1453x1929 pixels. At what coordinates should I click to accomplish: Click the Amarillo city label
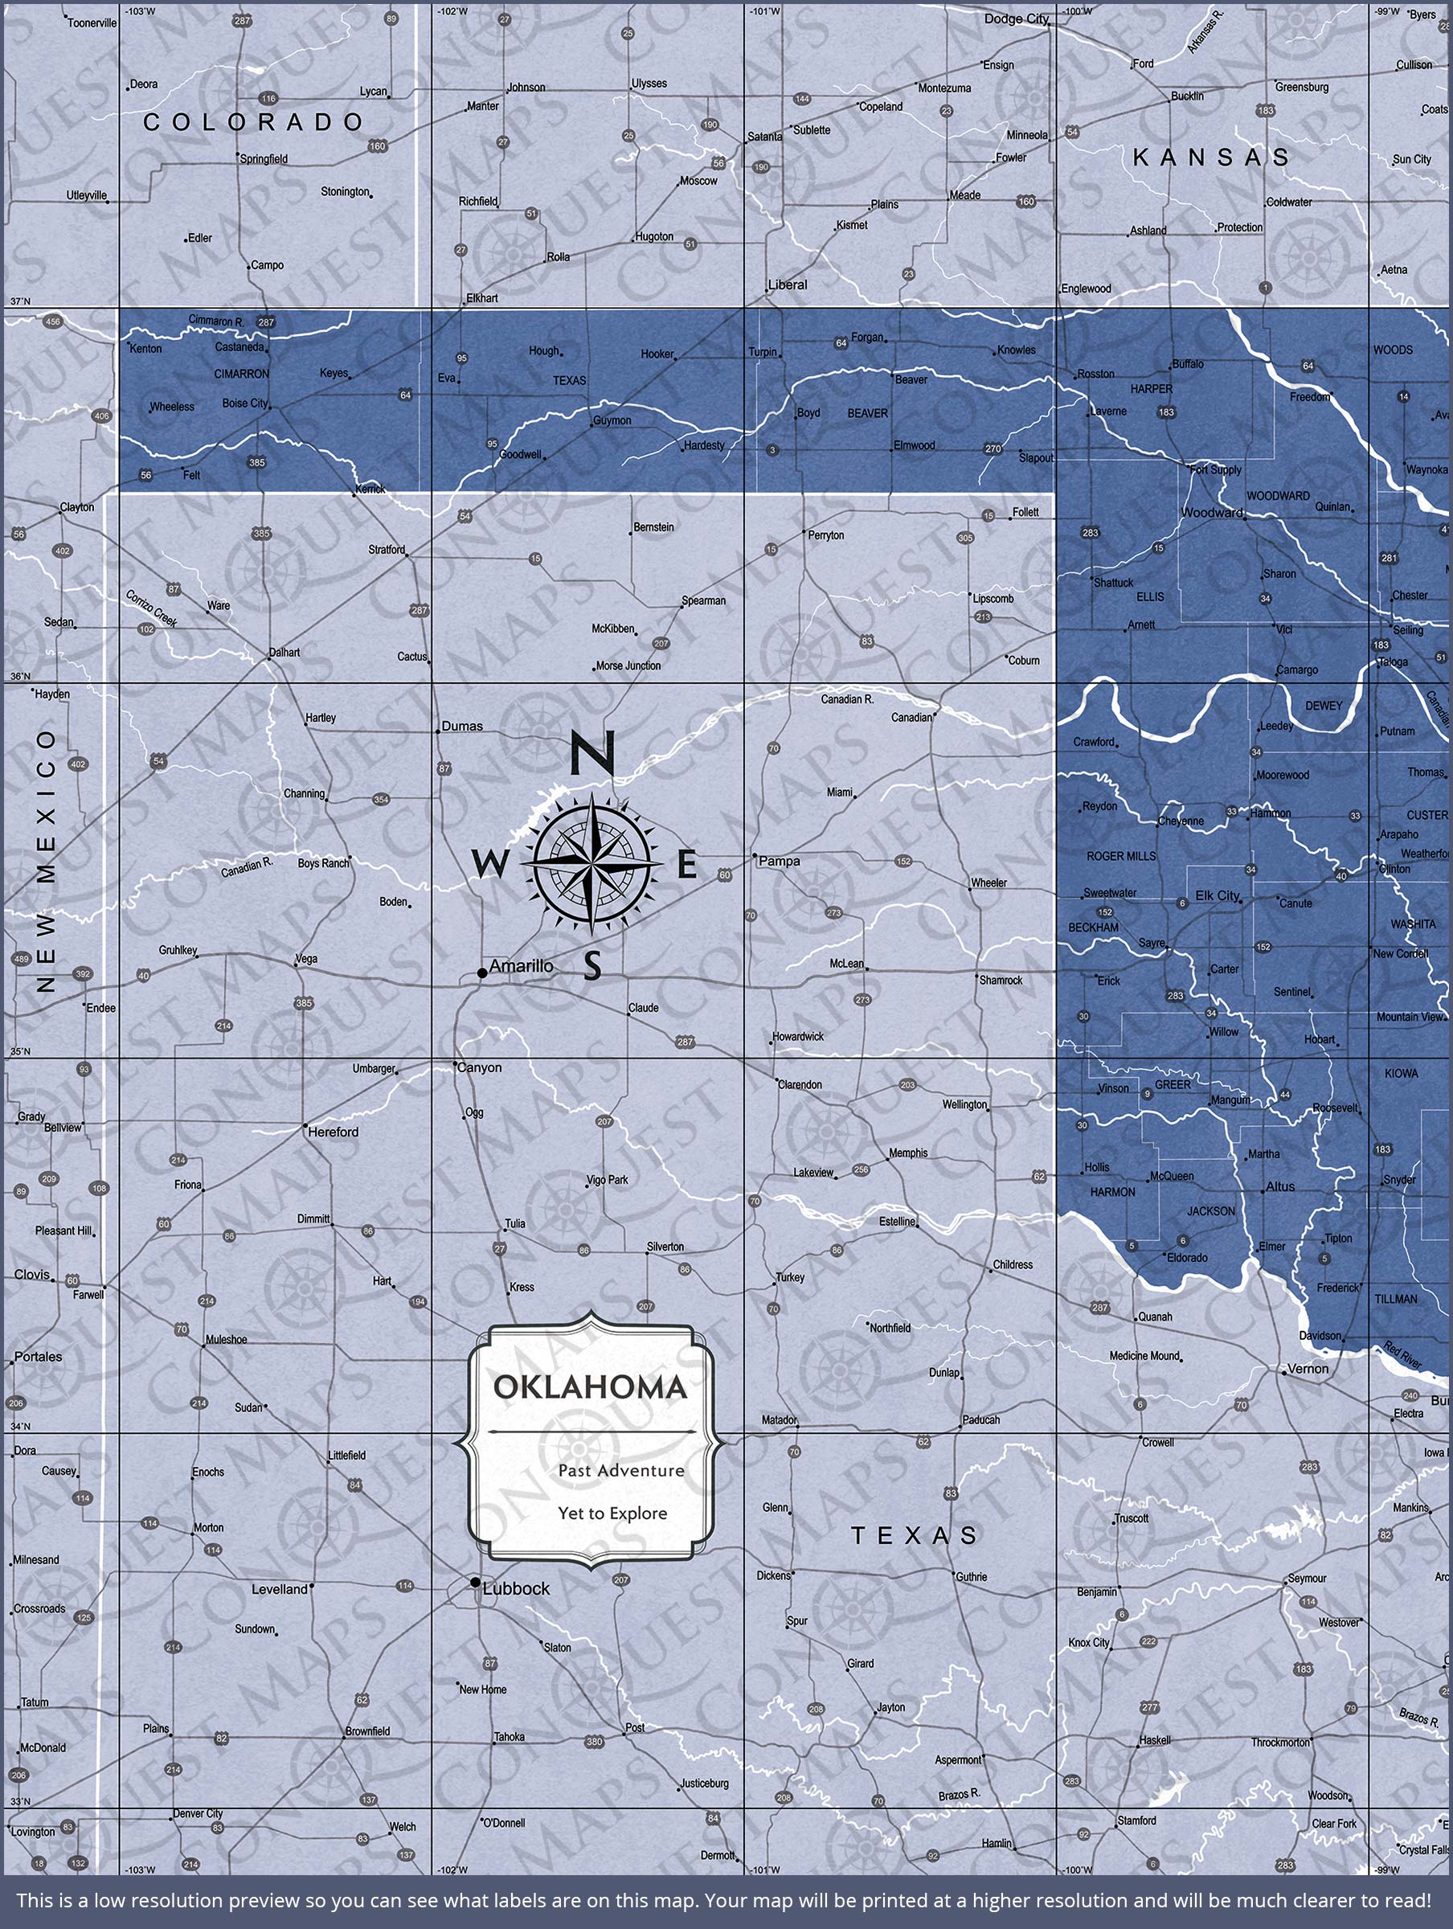pyautogui.click(x=521, y=966)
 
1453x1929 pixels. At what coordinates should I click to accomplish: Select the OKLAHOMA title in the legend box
pyautogui.click(x=591, y=1386)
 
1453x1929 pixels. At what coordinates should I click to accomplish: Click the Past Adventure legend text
pyautogui.click(x=621, y=1471)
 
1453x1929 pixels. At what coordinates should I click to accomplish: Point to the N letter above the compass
pyautogui.click(x=593, y=753)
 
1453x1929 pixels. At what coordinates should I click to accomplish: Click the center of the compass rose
pyautogui.click(x=591, y=863)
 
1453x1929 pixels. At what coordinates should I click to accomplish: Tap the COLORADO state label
pyautogui.click(x=253, y=122)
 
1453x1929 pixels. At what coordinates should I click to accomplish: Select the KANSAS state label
pyautogui.click(x=1211, y=158)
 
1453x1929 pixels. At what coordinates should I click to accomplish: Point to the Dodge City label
pyautogui.click(x=1017, y=19)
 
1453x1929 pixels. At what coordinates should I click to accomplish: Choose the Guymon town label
pyautogui.click(x=612, y=420)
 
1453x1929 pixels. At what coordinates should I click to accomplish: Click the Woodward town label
pyautogui.click(x=1211, y=513)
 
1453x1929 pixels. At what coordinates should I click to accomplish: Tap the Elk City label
pyautogui.click(x=1217, y=895)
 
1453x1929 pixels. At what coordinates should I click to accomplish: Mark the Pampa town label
pyautogui.click(x=779, y=861)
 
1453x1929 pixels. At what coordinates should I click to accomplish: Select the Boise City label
pyautogui.click(x=245, y=403)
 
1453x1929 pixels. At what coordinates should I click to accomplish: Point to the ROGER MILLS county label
pyautogui.click(x=1121, y=856)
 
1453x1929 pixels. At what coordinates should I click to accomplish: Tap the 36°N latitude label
pyautogui.click(x=19, y=677)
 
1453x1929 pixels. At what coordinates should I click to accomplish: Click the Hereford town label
pyautogui.click(x=334, y=1132)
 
